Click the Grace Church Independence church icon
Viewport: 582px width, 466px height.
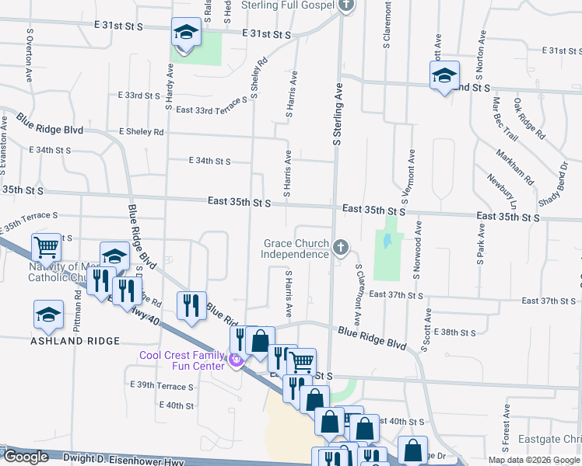[x=340, y=247]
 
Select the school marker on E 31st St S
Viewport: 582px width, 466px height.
[x=186, y=33]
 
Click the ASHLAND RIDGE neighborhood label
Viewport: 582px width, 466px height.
[x=75, y=341]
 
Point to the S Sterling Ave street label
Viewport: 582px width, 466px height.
[x=338, y=114]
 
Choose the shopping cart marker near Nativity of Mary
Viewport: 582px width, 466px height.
[x=46, y=248]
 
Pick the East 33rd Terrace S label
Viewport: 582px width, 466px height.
[x=211, y=110]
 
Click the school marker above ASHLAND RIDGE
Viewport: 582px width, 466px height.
[x=48, y=315]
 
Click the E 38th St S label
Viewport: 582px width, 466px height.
[x=455, y=332]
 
